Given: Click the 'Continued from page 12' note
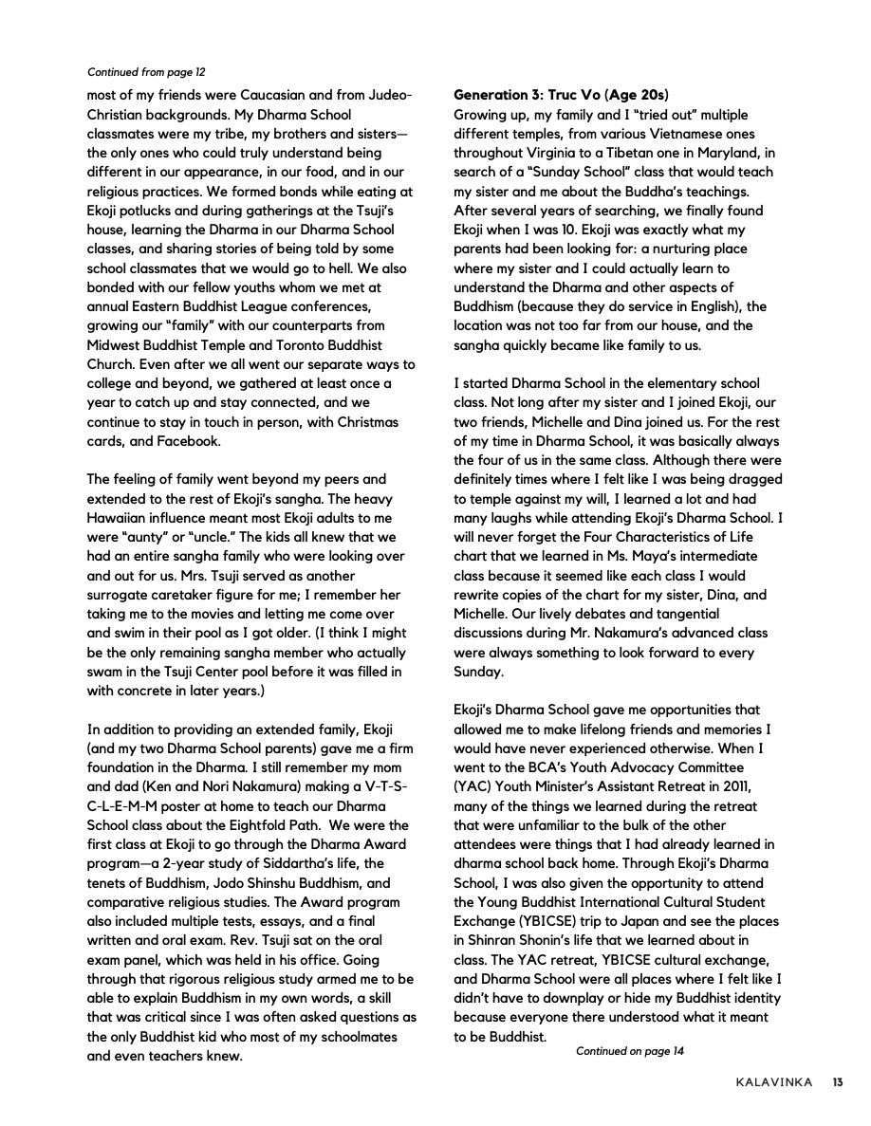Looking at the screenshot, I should (x=146, y=71).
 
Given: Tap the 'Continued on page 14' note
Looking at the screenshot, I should (x=629, y=1050).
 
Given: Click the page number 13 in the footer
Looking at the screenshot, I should (x=838, y=1082).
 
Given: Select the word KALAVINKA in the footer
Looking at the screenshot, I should (x=773, y=1082).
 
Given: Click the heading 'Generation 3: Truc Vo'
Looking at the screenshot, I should (x=560, y=95).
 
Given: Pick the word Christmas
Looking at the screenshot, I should (x=364, y=421).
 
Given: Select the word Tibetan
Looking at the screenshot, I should (x=643, y=153).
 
